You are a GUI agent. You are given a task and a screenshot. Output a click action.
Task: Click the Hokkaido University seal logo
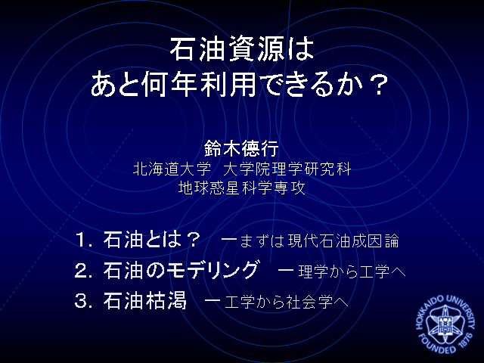(x=445, y=324)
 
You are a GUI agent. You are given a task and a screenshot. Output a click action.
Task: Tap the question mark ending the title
(x=378, y=84)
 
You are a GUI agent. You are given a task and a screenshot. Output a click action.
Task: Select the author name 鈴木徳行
(x=241, y=148)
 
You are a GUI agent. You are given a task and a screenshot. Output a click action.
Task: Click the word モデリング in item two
(x=212, y=270)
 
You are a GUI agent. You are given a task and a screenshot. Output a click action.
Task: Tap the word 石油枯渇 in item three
(x=145, y=300)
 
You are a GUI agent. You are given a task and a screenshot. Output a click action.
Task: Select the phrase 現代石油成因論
(x=343, y=241)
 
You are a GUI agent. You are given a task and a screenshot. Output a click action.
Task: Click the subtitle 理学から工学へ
(x=352, y=271)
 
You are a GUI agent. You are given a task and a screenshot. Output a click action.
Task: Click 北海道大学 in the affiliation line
(x=172, y=169)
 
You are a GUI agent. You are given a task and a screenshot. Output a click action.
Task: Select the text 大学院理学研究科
(x=287, y=169)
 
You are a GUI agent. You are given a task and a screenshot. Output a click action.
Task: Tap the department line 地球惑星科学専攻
(x=242, y=188)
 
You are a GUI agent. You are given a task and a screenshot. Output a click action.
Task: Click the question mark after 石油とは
(x=194, y=240)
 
